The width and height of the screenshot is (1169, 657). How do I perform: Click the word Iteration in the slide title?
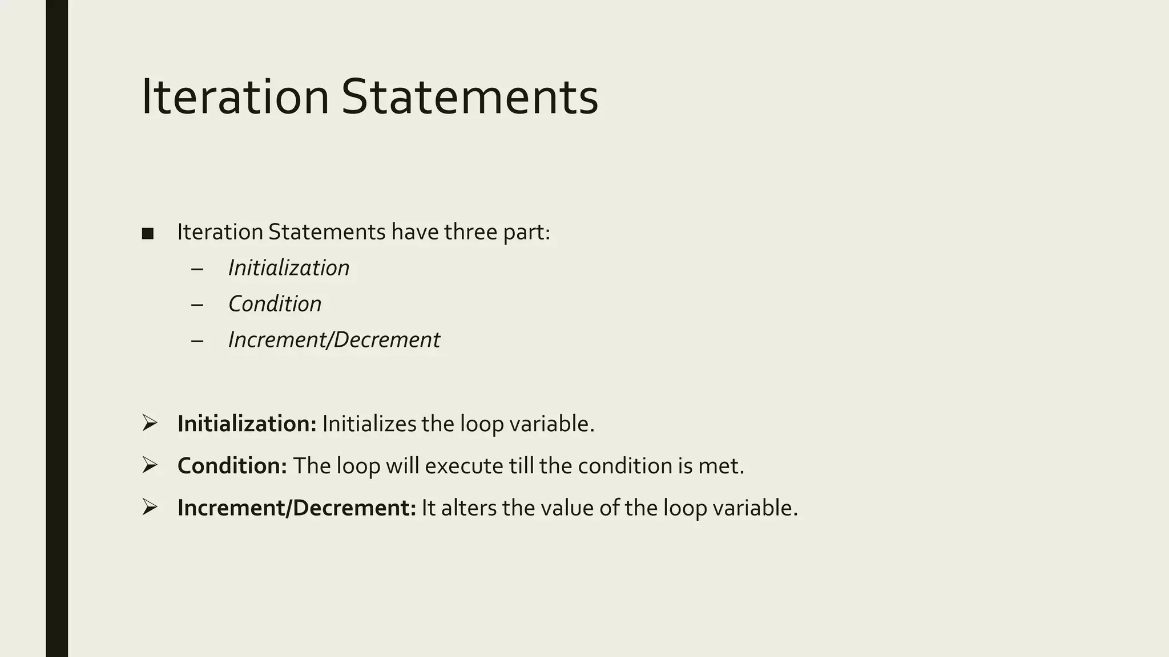[235, 98]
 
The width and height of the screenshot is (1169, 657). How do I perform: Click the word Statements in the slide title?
[470, 98]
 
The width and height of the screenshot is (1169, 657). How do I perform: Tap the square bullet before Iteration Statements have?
[148, 234]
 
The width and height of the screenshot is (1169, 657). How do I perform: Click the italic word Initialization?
[289, 268]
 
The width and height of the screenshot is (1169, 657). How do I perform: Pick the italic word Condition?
[275, 304]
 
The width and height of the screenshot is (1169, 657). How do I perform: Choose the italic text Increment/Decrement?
[334, 340]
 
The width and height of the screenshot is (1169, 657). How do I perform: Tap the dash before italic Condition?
[197, 305]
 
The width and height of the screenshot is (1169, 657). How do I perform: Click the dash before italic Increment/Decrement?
[197, 340]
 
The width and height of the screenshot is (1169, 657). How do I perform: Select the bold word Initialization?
[247, 424]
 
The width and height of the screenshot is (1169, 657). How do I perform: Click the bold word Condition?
[232, 466]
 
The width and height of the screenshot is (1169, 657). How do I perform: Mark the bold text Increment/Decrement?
[297, 508]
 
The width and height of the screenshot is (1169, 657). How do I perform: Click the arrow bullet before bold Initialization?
[150, 423]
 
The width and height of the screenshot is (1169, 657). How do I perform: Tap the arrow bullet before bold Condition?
[150, 465]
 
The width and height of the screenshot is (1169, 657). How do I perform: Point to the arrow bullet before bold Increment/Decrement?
[150, 507]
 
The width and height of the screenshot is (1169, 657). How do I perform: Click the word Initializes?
[369, 424]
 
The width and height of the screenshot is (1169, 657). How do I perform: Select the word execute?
[463, 466]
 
